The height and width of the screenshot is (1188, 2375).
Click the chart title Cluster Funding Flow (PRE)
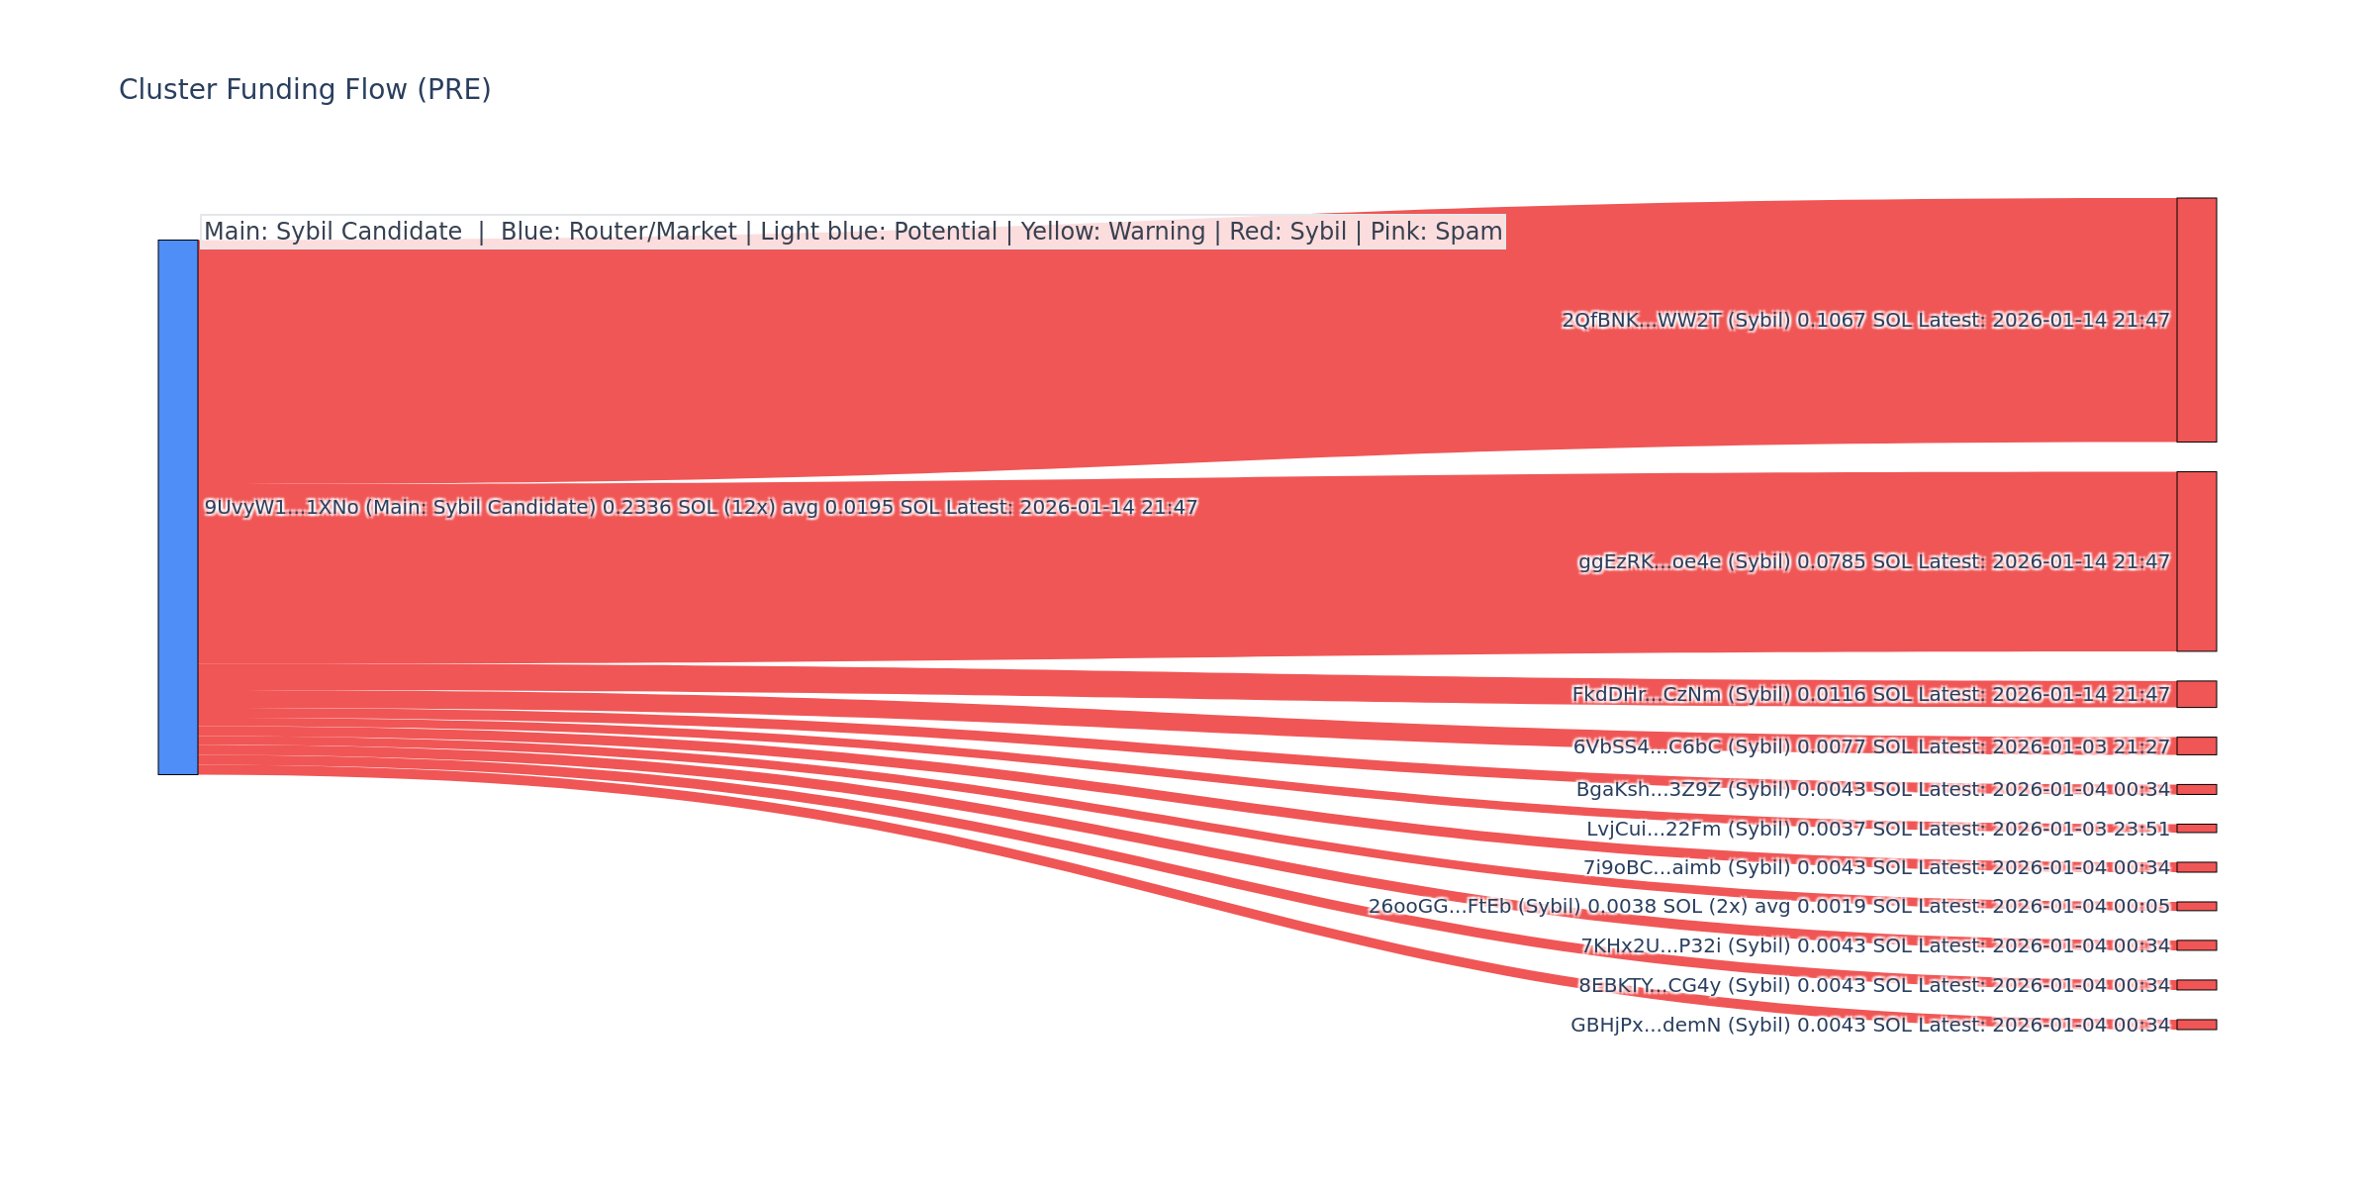305,90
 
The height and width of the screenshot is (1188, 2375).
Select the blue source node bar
178,507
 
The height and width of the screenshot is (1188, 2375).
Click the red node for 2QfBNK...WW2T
2196,320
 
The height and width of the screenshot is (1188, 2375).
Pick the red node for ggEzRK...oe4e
2196,561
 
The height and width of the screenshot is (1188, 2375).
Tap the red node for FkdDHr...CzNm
2196,694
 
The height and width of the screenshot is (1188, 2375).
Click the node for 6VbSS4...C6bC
2196,746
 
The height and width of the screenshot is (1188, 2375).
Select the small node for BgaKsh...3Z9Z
2196,790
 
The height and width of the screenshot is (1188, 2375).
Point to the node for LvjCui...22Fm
2196,829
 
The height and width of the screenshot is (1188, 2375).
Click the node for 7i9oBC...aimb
2196,867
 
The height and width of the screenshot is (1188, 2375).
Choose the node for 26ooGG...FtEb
2196,906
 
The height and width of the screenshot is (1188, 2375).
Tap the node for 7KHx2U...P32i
2196,945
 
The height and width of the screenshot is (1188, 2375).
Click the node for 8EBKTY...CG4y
2196,985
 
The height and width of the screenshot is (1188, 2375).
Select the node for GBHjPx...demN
2196,1025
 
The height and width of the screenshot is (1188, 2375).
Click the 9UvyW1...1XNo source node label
701,508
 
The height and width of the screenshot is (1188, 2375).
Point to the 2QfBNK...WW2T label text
1865,321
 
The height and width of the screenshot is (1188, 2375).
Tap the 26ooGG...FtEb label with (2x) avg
1768,907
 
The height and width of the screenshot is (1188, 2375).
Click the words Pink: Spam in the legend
1436,232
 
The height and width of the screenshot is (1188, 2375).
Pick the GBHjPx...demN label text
1869,1026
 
